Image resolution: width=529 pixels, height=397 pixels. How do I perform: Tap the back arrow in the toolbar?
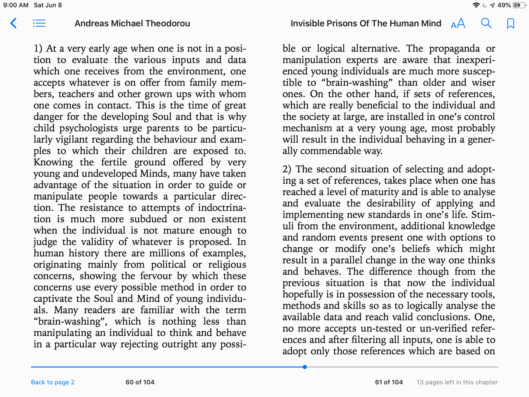point(13,23)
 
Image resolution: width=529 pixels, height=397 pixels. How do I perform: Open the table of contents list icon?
point(39,23)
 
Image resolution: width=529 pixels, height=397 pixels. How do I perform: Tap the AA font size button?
point(458,24)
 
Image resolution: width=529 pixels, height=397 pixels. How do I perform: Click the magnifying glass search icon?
point(486,23)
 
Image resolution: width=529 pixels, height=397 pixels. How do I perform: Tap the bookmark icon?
point(510,24)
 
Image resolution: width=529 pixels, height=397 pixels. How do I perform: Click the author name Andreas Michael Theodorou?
point(132,23)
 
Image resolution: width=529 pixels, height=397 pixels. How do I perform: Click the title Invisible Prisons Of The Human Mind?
point(366,23)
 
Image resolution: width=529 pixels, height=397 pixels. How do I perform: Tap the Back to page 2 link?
point(53,382)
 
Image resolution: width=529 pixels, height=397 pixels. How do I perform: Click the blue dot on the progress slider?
point(305,367)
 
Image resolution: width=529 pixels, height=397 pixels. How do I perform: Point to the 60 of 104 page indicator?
point(140,382)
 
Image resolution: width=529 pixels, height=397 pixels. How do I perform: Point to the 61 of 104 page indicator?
point(389,382)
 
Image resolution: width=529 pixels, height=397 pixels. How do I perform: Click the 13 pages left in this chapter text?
point(457,382)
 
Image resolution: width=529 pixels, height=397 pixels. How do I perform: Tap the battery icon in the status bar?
point(519,5)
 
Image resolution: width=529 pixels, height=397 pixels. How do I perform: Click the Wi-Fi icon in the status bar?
point(476,5)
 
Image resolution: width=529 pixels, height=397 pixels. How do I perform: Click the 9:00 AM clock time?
point(16,5)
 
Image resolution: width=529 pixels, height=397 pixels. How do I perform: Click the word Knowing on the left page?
point(53,162)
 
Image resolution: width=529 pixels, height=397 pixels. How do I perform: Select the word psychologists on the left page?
point(89,128)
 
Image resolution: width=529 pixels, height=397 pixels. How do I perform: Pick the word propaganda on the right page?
point(454,48)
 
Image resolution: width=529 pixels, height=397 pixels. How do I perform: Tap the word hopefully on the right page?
point(303,294)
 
